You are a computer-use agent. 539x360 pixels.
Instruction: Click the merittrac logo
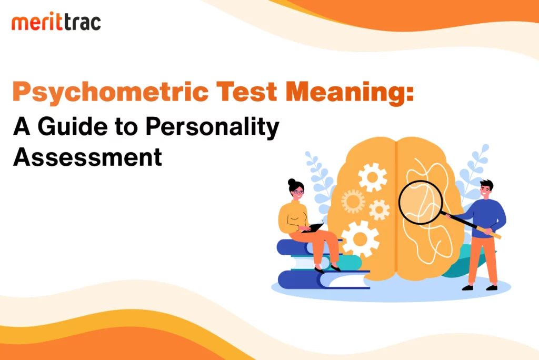click(x=56, y=22)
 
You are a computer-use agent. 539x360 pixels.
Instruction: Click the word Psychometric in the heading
click(x=111, y=92)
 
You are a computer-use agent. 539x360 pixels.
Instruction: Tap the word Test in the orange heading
click(x=246, y=92)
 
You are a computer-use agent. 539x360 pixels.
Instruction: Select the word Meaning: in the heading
click(x=350, y=92)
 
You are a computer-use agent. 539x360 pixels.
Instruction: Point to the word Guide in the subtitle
click(x=73, y=126)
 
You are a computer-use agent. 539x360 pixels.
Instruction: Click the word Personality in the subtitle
click(x=212, y=128)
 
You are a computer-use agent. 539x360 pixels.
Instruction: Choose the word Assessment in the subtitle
click(x=87, y=157)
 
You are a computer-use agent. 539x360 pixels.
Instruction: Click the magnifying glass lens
click(x=421, y=202)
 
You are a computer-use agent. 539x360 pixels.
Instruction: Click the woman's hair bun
click(x=292, y=182)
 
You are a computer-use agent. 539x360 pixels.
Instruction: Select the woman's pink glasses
click(x=298, y=192)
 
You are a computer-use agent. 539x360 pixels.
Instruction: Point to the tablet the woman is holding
click(x=313, y=227)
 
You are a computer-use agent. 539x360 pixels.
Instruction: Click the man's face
click(x=485, y=191)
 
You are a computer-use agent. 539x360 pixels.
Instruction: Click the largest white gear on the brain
click(x=360, y=238)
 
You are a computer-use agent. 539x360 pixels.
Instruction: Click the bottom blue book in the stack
click(x=323, y=279)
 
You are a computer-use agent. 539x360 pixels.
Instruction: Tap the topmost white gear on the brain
click(x=372, y=177)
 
